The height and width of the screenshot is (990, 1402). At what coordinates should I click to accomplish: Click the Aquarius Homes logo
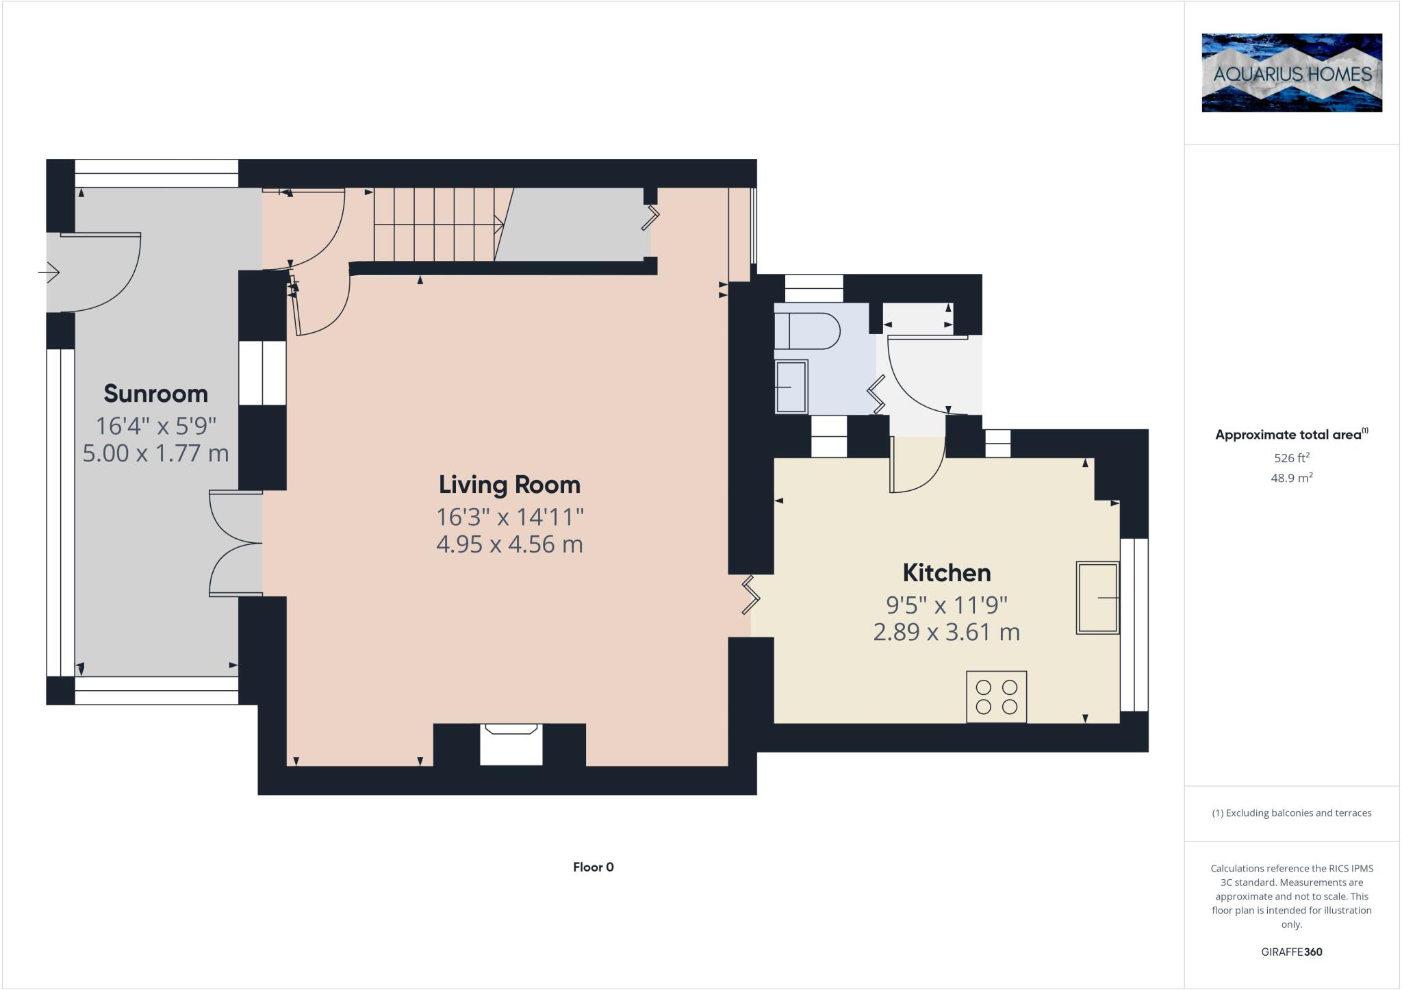pyautogui.click(x=1291, y=73)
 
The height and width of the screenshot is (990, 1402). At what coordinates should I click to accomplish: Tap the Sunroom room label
pyautogui.click(x=155, y=394)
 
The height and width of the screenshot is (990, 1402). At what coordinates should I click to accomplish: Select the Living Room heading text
pyautogui.click(x=509, y=485)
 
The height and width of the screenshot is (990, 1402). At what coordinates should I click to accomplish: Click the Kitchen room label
pyautogui.click(x=946, y=572)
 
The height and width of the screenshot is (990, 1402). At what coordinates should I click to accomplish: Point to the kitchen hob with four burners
pyautogui.click(x=996, y=696)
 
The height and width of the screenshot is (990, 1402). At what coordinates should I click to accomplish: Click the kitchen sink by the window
pyautogui.click(x=1097, y=598)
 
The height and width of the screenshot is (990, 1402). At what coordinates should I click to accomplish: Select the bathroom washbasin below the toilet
pyautogui.click(x=791, y=387)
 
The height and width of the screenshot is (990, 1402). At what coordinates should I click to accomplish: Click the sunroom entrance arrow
pyautogui.click(x=49, y=272)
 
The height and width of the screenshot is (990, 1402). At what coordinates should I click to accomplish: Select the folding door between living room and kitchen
pyautogui.click(x=751, y=594)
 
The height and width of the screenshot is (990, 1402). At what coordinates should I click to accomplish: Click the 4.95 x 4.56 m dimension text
pyautogui.click(x=509, y=544)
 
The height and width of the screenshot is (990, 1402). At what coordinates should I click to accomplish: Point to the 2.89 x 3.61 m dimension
pyautogui.click(x=946, y=632)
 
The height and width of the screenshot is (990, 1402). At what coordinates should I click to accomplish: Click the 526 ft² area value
pyautogui.click(x=1291, y=457)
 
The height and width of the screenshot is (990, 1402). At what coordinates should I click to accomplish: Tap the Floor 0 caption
pyautogui.click(x=593, y=867)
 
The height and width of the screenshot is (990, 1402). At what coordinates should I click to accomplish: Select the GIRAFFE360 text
pyautogui.click(x=1291, y=952)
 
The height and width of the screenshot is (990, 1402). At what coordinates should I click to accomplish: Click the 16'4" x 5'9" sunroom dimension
pyautogui.click(x=155, y=426)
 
